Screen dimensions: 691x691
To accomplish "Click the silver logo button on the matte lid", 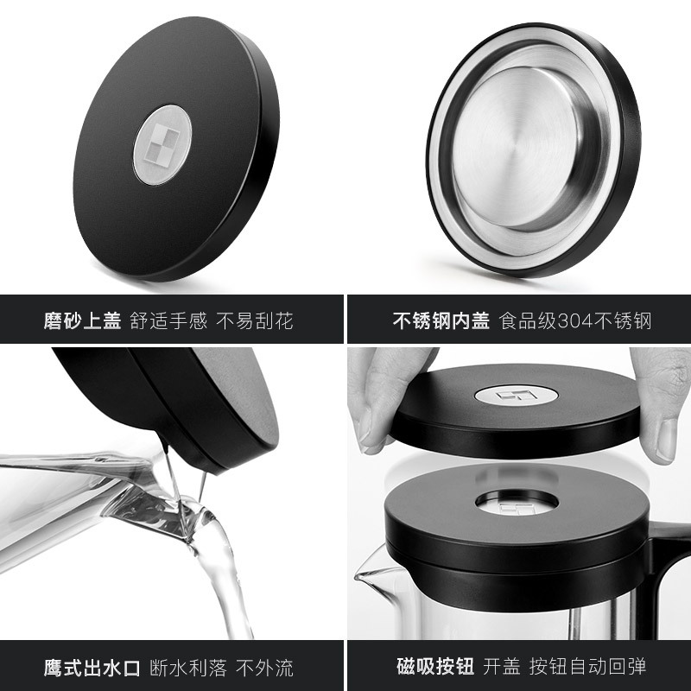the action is tap(162, 145).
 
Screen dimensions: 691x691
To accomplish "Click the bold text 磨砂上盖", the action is tap(82, 320).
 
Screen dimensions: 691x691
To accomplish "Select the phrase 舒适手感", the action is tap(168, 320).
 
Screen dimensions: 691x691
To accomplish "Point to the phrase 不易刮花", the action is tap(255, 320).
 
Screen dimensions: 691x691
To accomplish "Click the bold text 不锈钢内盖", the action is tap(441, 320).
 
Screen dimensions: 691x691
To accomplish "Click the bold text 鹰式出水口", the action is tap(92, 668).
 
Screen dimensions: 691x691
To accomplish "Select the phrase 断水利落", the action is tap(188, 668).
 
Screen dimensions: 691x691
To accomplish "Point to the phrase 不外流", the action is tap(264, 668).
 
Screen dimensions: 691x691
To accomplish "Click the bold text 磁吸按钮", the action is tap(435, 666).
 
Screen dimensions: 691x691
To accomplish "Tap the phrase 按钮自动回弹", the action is tap(587, 666).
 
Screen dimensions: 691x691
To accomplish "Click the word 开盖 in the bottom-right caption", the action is tap(502, 666).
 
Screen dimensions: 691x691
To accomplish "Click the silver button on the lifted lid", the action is tap(516, 395).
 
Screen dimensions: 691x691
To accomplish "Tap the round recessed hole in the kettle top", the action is tap(517, 503).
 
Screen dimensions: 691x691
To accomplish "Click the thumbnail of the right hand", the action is tap(666, 439).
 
